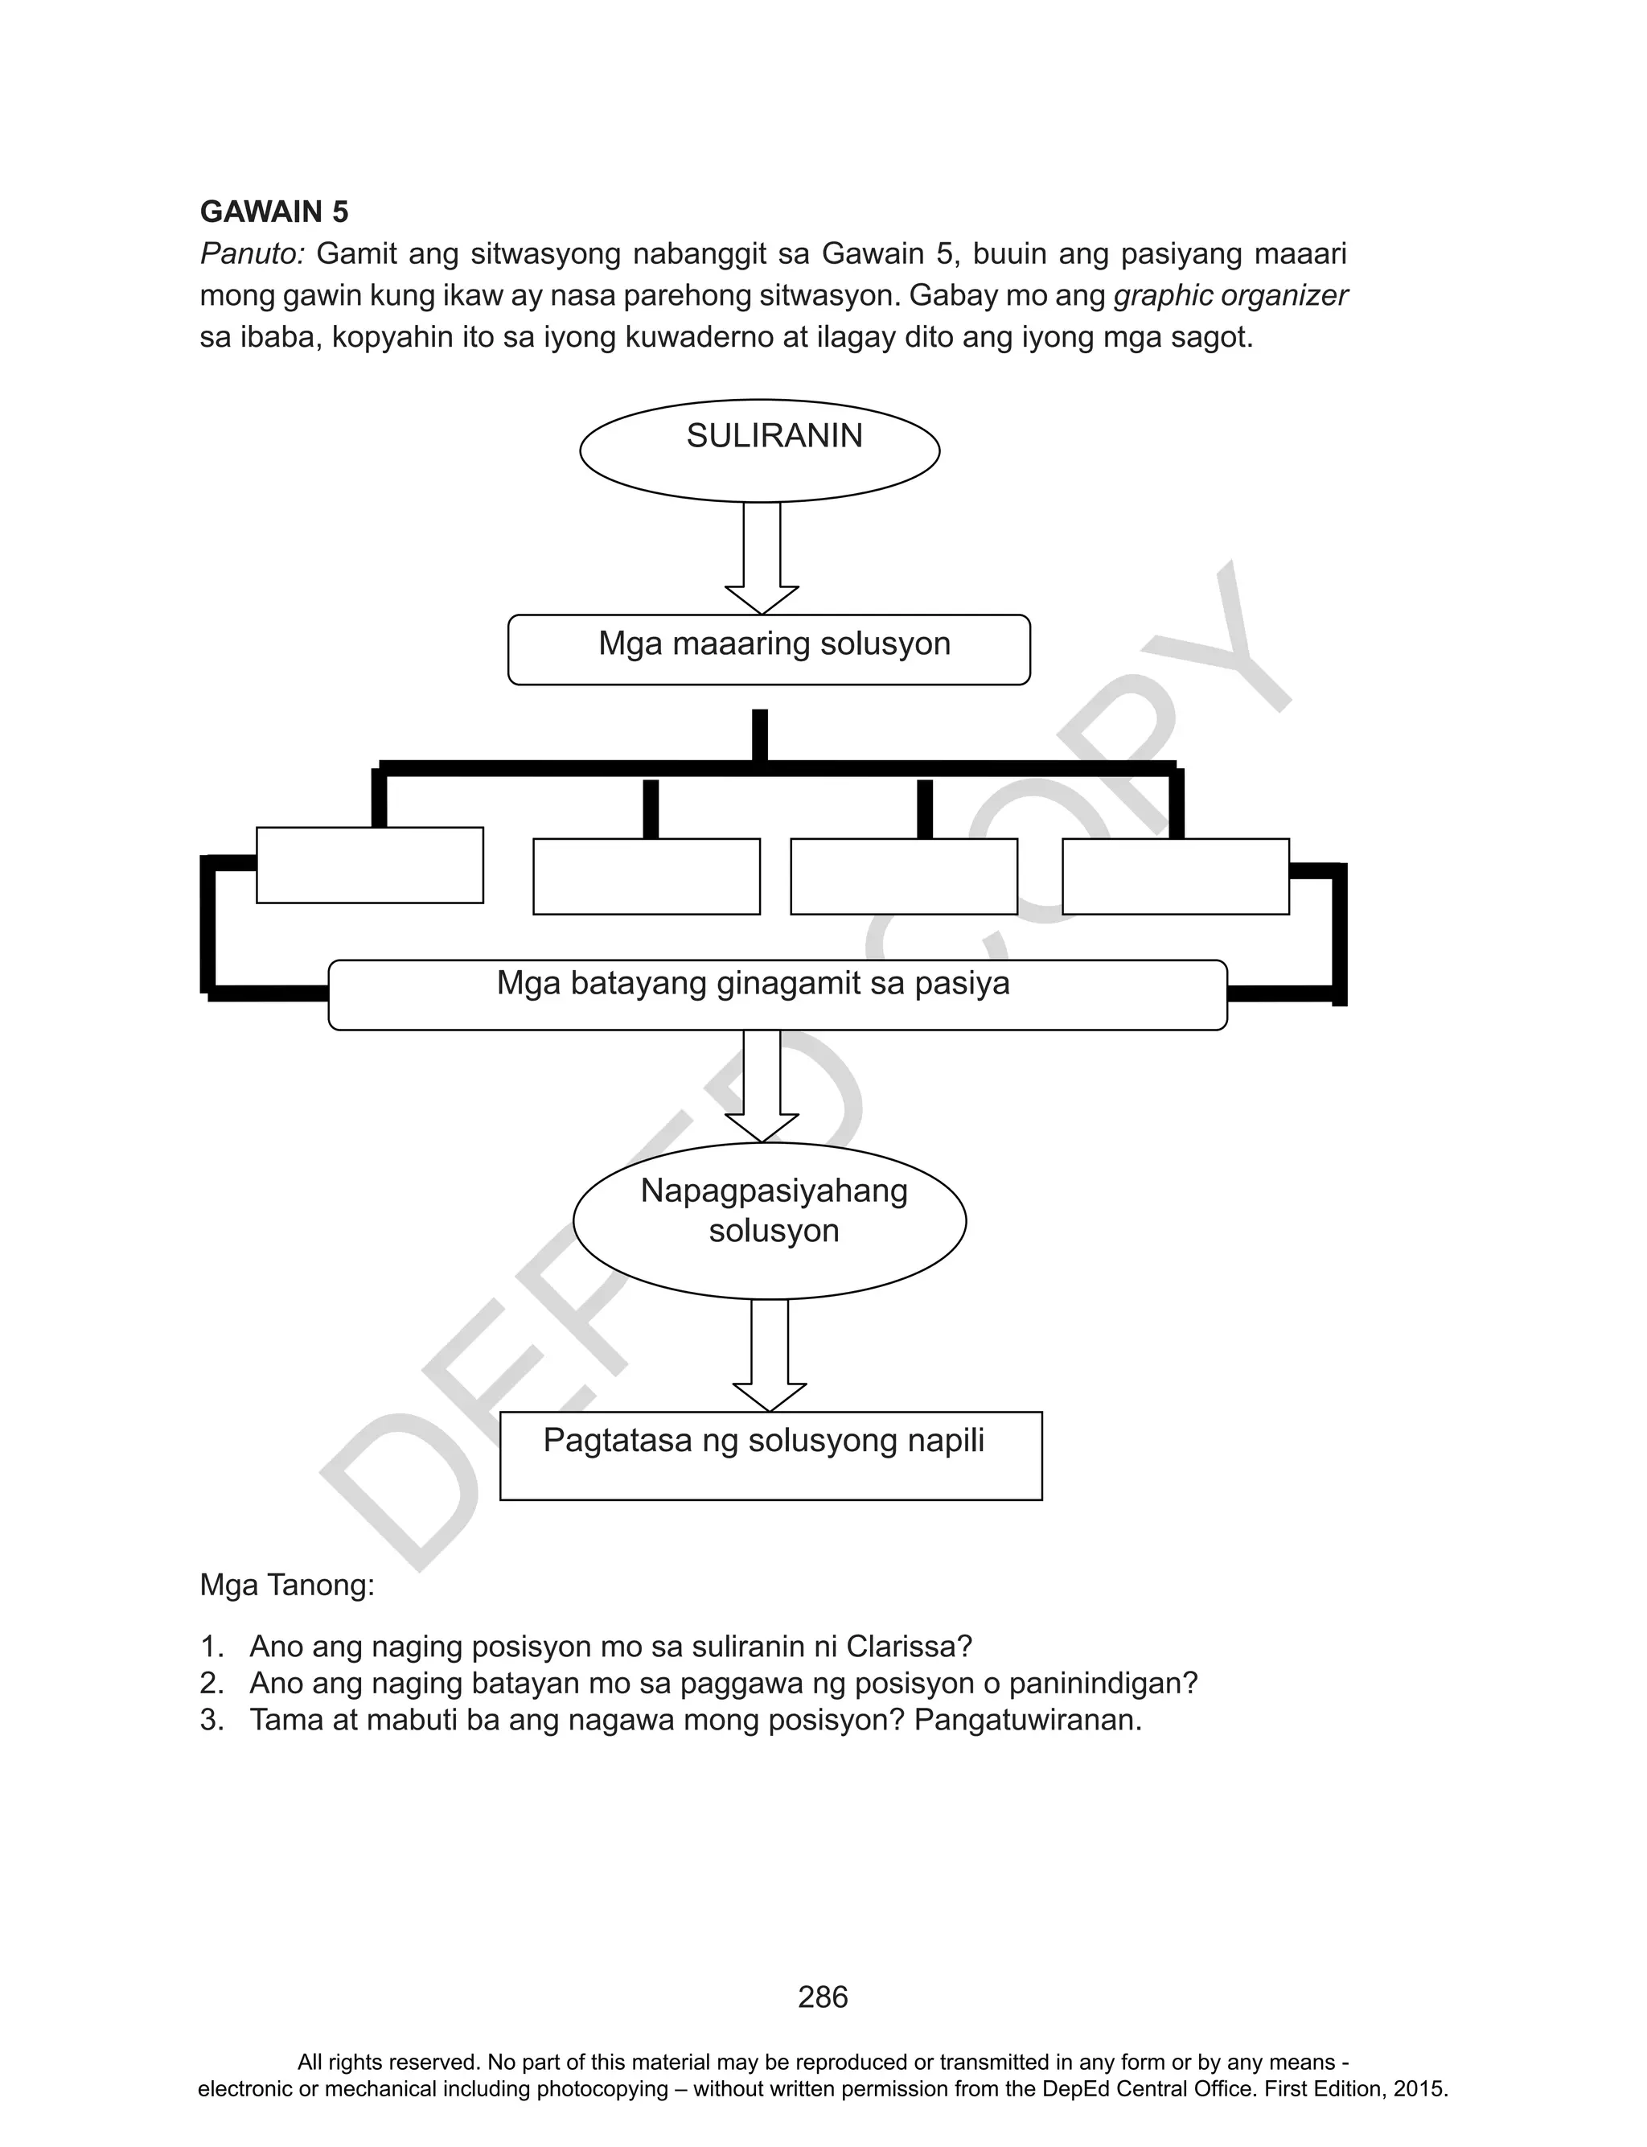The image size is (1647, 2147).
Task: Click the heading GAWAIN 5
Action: (273, 212)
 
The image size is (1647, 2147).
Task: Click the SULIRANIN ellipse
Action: (760, 451)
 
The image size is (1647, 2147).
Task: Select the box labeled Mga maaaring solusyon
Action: (769, 649)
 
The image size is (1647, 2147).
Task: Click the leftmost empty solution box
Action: (370, 865)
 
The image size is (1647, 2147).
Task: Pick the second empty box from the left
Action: (646, 877)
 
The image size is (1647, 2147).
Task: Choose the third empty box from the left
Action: (904, 877)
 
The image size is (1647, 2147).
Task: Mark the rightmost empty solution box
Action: (1176, 877)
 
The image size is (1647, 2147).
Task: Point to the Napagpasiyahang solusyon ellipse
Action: (770, 1220)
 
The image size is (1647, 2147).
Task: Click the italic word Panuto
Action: (253, 254)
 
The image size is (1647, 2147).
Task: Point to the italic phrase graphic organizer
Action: (1231, 295)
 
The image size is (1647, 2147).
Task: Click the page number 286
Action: (823, 1997)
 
